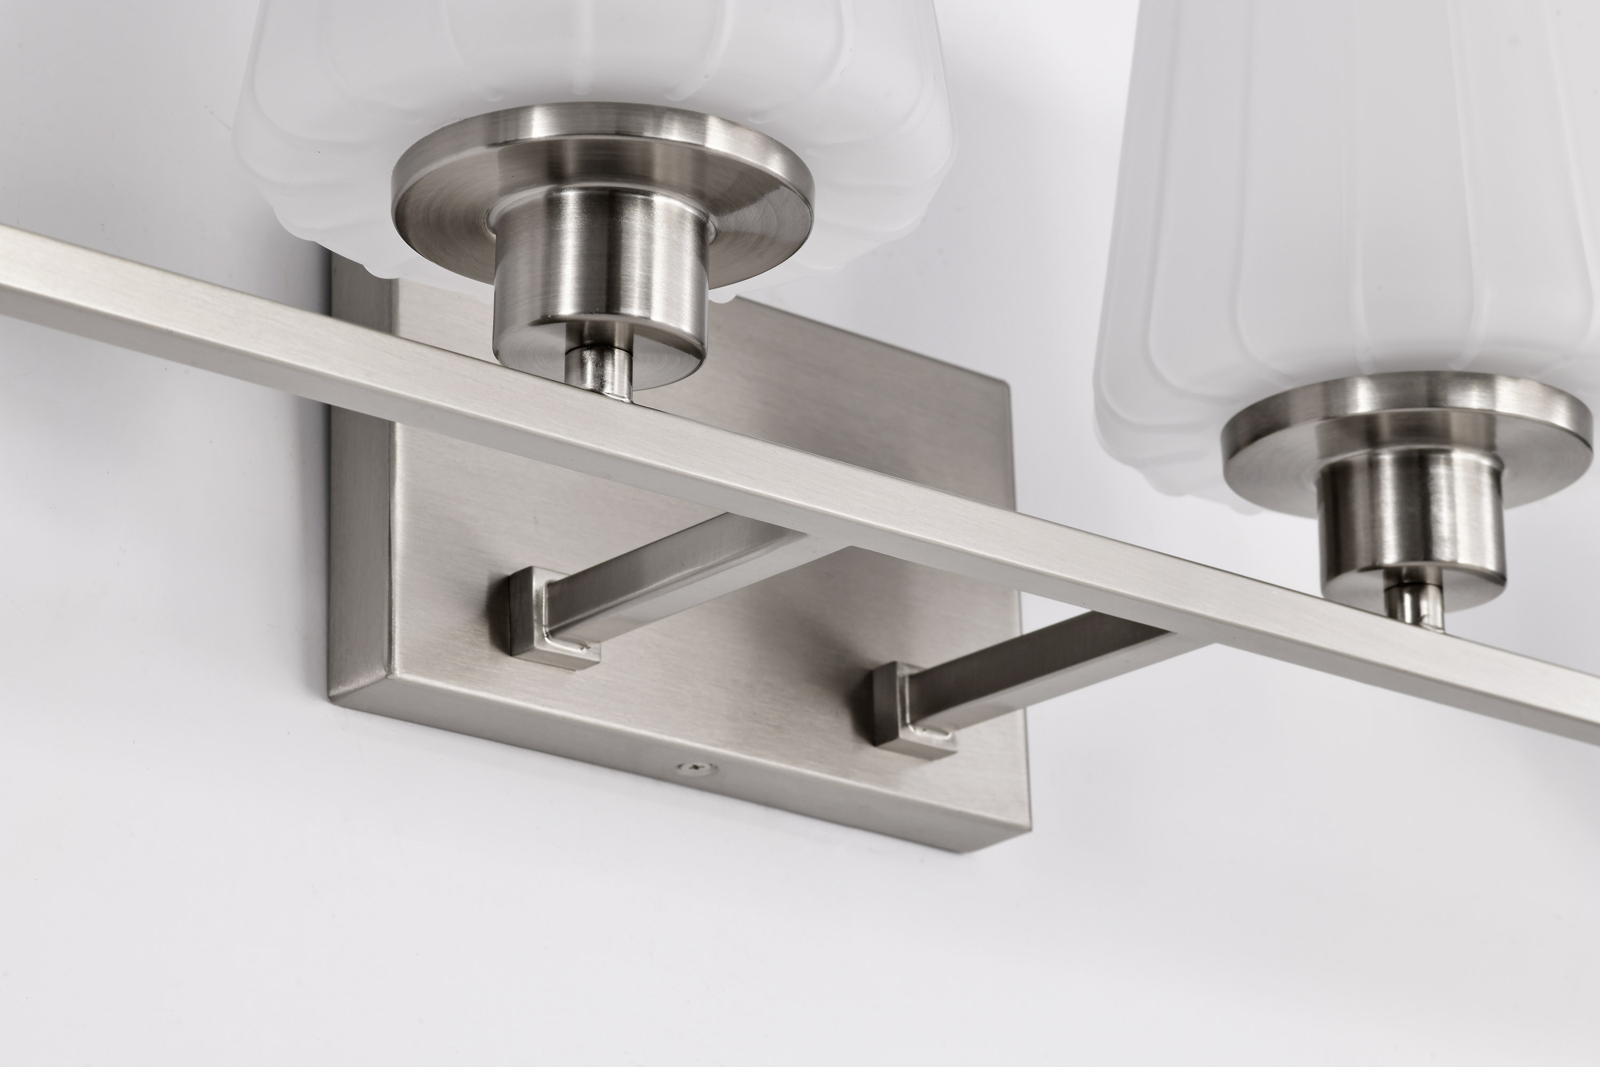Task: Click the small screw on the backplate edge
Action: (x=692, y=768)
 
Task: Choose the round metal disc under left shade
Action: (x=602, y=170)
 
